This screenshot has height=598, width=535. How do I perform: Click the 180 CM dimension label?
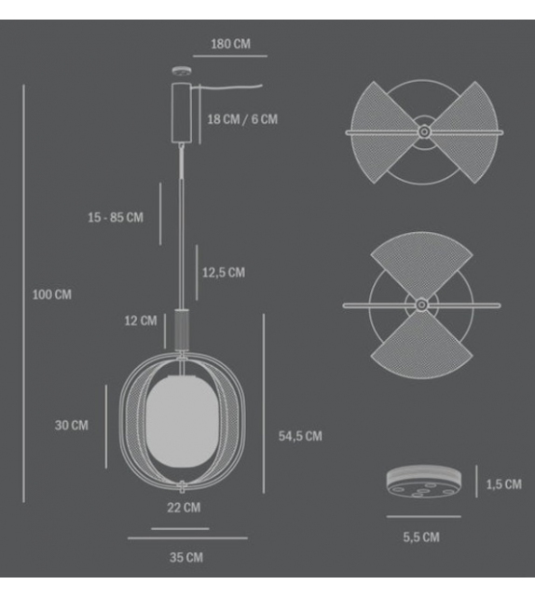(231, 44)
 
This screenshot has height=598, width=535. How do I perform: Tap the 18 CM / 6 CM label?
(242, 119)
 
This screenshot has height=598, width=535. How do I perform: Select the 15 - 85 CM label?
(116, 218)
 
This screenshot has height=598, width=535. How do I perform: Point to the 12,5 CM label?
(224, 273)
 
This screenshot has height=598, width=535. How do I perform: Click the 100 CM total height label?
(52, 294)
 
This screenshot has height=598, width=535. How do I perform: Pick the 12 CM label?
(141, 320)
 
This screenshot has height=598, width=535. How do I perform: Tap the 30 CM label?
(72, 426)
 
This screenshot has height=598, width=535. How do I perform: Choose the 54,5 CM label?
(300, 436)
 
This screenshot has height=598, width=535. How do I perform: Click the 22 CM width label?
(184, 508)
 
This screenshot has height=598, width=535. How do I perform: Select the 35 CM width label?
(186, 557)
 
